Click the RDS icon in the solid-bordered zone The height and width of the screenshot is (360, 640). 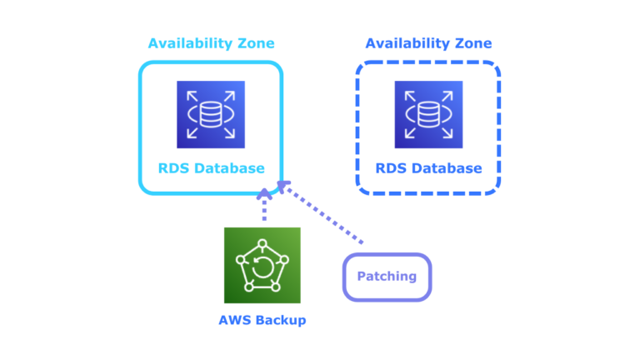point(210,114)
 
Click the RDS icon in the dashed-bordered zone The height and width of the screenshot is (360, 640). point(428,114)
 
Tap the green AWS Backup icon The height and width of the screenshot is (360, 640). point(262,265)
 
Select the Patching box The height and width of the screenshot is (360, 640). point(387,277)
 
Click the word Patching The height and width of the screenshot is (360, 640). point(387,277)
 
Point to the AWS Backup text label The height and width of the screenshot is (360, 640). point(262,319)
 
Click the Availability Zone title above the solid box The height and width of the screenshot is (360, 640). point(211,43)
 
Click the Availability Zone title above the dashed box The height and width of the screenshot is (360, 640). point(428,43)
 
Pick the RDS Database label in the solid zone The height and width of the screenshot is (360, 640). point(211,168)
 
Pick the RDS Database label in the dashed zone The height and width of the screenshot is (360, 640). point(428,168)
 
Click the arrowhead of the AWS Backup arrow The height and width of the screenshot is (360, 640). point(264,193)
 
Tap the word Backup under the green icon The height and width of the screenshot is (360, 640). point(280,319)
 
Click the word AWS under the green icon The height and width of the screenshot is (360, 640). point(234,319)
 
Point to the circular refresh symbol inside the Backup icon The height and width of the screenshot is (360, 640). point(262,267)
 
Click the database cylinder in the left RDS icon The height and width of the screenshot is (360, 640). point(210,114)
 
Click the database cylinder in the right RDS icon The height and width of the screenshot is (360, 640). point(428,114)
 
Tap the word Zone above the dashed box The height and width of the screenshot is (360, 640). point(472,43)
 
